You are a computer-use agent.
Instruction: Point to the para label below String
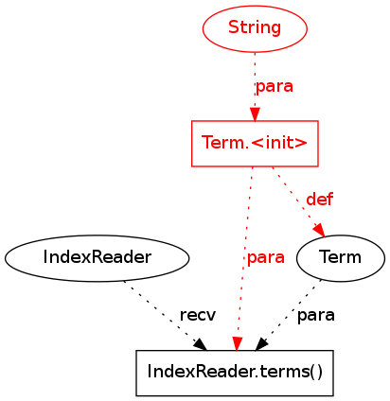(x=275, y=86)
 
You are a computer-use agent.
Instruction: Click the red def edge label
(x=319, y=200)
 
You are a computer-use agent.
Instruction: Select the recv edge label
(x=198, y=315)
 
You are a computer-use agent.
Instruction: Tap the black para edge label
(x=316, y=315)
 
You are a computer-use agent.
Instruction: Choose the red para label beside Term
(x=266, y=257)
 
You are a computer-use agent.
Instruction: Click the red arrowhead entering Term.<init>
(x=255, y=114)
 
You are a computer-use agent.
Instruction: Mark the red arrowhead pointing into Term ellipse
(x=319, y=230)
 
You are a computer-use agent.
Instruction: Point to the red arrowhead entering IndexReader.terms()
(x=237, y=343)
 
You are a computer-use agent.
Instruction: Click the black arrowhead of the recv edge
(x=201, y=344)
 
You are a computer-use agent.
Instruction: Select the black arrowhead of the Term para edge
(x=261, y=344)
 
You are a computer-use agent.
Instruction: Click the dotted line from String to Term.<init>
(x=255, y=80)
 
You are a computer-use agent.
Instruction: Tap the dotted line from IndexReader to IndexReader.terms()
(x=161, y=311)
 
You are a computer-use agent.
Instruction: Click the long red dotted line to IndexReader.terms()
(x=245, y=253)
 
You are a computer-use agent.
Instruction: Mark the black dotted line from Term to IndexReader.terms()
(x=292, y=310)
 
